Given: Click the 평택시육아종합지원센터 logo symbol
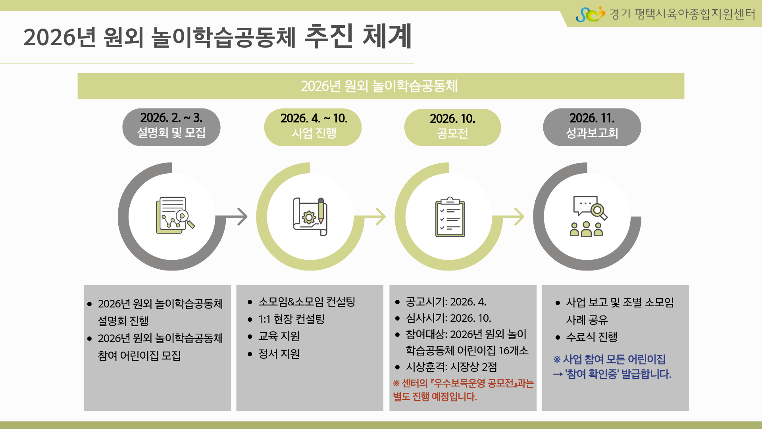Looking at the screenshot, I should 590,14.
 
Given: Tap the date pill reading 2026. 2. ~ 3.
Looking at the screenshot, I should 171,127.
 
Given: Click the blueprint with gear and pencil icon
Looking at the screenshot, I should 310,216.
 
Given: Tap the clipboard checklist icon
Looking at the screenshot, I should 450,216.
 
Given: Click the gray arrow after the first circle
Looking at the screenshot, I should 237,216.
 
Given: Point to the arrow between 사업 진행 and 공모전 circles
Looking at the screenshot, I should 375,216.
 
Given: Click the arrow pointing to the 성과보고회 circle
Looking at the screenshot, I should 514,216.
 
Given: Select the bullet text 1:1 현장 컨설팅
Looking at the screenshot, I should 291,319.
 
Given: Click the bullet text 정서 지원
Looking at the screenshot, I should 279,354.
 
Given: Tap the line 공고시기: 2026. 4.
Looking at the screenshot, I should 446,302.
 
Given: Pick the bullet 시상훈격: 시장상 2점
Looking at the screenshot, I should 451,367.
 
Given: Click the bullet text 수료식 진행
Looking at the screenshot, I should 591,337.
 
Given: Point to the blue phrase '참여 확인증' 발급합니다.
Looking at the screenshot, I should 618,374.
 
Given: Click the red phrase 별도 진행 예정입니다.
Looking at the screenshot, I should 435,397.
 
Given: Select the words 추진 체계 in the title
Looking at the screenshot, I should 358,37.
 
